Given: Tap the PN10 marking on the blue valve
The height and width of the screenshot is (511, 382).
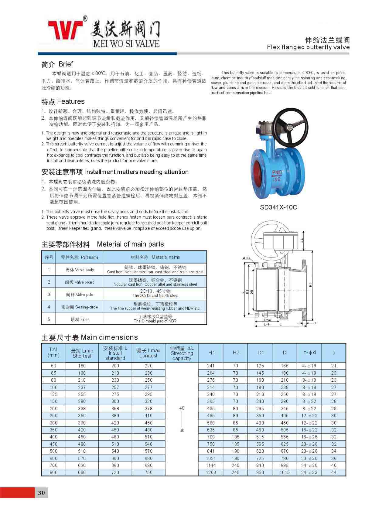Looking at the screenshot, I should coord(277,172).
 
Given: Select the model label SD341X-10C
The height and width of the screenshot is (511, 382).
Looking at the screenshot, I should coord(278,207).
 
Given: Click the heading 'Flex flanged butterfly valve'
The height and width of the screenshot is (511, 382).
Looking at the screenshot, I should coord(308,47).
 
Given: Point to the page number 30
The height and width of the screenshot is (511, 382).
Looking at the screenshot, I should coord(42,492).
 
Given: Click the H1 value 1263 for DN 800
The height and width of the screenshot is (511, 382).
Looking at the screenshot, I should coord(211,472).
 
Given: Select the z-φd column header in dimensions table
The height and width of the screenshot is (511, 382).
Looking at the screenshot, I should coord(309,353).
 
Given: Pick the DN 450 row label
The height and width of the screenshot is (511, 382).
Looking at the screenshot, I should coord(53,444).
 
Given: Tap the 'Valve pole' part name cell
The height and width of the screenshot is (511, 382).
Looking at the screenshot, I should coord(80,295).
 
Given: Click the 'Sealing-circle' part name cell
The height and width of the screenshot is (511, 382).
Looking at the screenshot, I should coord(80,307).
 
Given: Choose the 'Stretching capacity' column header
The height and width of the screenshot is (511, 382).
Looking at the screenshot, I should coord(182,353).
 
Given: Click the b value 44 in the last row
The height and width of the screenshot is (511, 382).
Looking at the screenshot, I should coord(334,472).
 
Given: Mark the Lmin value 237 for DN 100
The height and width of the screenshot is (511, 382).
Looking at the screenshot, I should coord(82,387).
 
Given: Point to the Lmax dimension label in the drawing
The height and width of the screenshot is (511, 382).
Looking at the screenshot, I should coord(267,320).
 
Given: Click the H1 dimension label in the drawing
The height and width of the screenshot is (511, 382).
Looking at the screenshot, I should coord(310,285).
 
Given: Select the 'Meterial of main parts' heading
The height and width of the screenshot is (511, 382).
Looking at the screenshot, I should coord(130,244).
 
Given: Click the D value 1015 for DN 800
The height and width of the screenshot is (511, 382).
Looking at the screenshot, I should coord(285,472).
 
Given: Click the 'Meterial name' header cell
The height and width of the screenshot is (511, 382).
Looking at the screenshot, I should coord(155,257).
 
